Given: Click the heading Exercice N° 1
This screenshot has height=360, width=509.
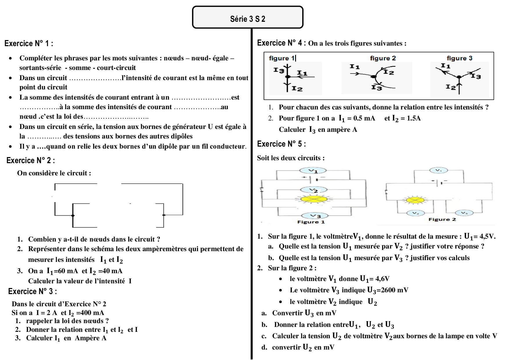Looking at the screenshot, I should tap(28, 44).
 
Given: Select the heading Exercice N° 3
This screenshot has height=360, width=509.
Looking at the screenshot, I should tap(32, 291).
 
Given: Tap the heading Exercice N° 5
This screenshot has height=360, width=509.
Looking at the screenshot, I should tap(281, 144).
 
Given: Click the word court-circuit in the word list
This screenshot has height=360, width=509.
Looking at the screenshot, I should tap(116, 68).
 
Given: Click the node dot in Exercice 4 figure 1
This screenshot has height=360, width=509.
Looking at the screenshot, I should tap(288, 77).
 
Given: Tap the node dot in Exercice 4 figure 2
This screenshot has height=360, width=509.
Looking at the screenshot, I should tap(373, 77).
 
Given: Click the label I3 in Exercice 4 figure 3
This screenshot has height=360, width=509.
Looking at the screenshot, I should tap(476, 76).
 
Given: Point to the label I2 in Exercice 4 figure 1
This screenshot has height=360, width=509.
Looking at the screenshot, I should tap(297, 89).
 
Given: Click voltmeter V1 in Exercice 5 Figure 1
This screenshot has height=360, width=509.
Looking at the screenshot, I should tap(313, 171).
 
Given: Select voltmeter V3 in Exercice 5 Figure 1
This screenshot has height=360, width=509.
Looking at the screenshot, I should tap(315, 216).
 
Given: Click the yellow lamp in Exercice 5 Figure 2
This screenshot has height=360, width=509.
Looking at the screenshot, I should tap(415, 200).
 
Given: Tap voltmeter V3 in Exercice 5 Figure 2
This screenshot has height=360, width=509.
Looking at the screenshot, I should tap(464, 213).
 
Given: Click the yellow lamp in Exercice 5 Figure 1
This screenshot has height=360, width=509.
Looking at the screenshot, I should tap(314, 199).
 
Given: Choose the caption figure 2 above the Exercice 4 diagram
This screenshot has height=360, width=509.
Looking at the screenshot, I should tap(383, 58).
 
